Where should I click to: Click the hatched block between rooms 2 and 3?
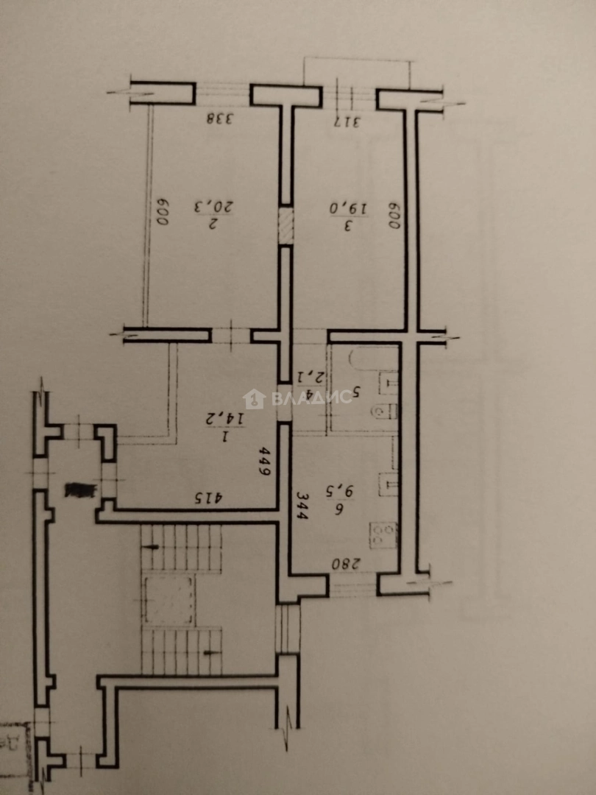(285, 225)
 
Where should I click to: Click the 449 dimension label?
(266, 462)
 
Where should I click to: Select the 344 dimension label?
(302, 506)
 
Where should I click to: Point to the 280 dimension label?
(343, 565)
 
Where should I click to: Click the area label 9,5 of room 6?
(339, 490)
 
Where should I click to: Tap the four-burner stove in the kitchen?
(385, 535)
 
